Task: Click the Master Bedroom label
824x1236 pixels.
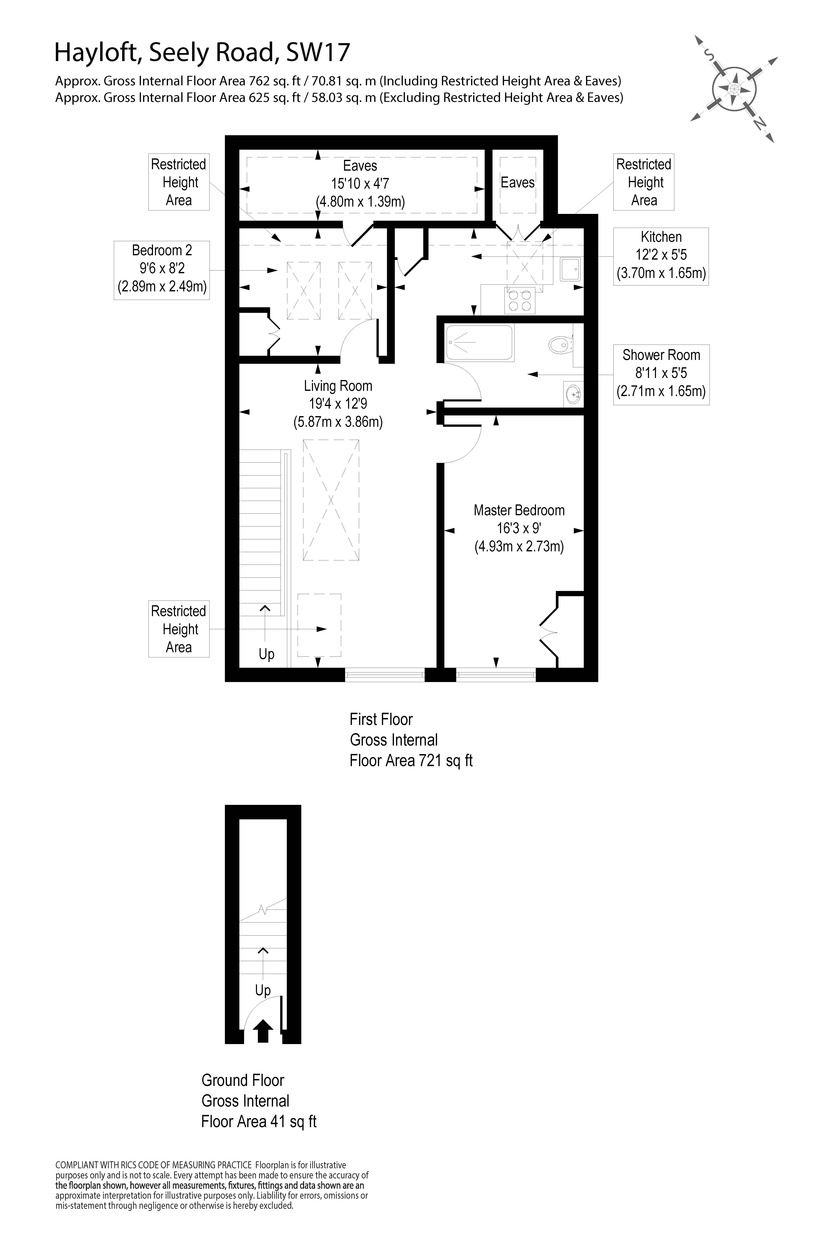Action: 519,510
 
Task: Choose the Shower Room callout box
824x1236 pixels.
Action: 661,374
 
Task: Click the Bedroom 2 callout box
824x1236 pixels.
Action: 162,270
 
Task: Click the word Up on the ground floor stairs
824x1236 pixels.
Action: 263,991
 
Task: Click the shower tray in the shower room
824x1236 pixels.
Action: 479,343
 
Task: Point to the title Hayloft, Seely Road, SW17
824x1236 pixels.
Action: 202,53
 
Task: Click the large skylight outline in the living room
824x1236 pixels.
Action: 331,500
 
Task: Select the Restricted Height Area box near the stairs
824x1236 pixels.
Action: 179,629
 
